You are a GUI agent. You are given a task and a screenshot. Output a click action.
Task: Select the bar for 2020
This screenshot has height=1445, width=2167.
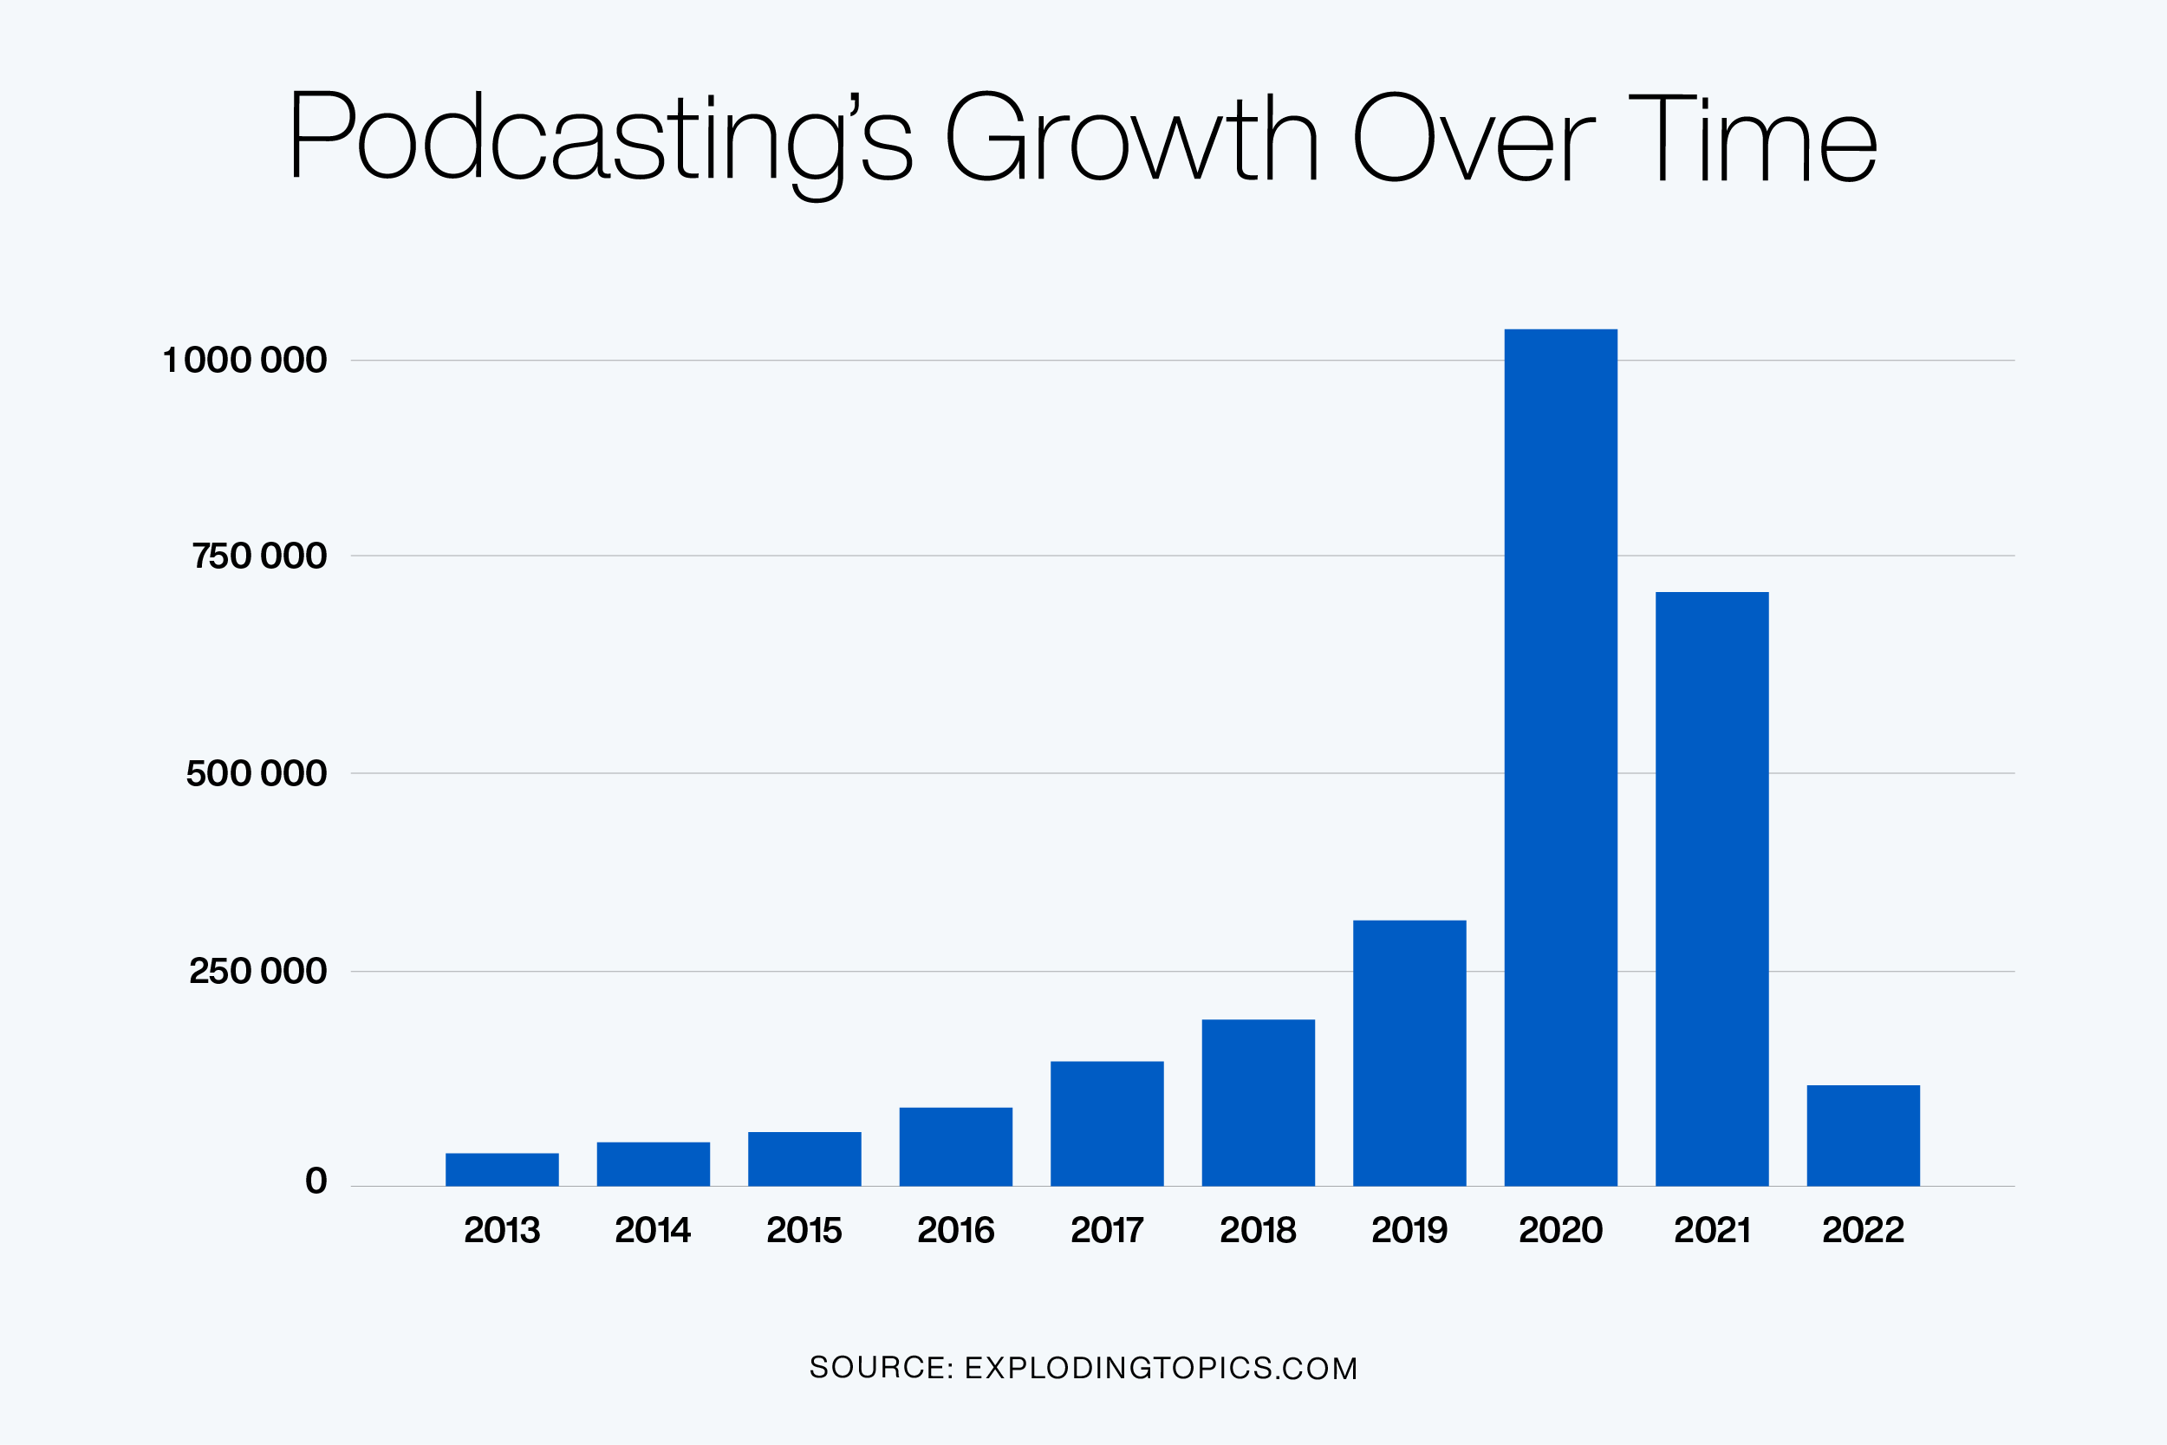[x=1561, y=758]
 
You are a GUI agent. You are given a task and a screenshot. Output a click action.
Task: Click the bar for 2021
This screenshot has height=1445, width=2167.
[x=1712, y=888]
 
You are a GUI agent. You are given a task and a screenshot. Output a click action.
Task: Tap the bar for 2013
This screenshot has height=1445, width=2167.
[x=502, y=1169]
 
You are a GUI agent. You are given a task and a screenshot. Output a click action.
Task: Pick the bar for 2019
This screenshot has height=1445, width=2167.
[x=1409, y=1052]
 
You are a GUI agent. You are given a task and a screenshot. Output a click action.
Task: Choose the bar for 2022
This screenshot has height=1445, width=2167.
[x=1863, y=1136]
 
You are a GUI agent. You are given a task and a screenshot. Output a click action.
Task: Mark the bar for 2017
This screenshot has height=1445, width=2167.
[x=1107, y=1123]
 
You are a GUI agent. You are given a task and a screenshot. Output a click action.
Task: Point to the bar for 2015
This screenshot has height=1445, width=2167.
[x=804, y=1158]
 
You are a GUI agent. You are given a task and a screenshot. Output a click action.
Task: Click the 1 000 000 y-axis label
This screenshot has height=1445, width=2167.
[x=245, y=361]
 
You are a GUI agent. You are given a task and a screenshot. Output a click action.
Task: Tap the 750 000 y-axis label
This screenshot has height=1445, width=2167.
[x=259, y=557]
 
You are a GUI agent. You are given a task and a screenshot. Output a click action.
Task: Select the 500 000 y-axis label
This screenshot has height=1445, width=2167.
[x=256, y=773]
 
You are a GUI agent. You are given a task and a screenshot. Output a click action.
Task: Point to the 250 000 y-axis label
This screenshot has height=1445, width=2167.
[x=258, y=972]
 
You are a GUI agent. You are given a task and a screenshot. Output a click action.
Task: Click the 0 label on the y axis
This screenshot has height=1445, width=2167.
[x=316, y=1181]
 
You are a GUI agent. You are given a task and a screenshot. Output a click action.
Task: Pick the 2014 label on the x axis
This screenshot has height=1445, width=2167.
[x=653, y=1230]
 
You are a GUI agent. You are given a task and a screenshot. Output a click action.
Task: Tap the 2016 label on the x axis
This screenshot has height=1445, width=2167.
[x=955, y=1230]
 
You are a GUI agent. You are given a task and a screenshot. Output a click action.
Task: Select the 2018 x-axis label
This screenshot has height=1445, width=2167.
[x=1258, y=1230]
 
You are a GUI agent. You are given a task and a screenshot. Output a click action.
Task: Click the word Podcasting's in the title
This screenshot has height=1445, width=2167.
[x=600, y=138]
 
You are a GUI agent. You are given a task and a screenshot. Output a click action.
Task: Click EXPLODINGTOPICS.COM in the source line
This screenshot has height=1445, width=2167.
[x=1161, y=1369]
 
